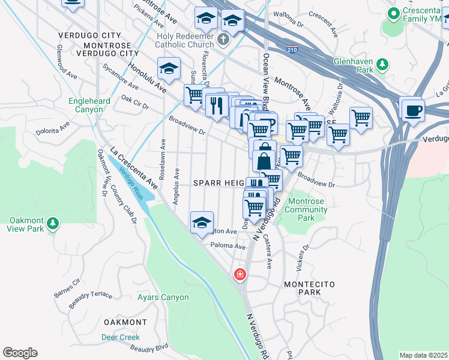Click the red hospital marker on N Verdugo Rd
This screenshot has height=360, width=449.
pos(240,274)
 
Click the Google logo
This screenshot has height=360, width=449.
pos(20,353)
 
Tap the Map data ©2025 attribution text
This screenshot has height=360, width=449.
pos(423,355)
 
